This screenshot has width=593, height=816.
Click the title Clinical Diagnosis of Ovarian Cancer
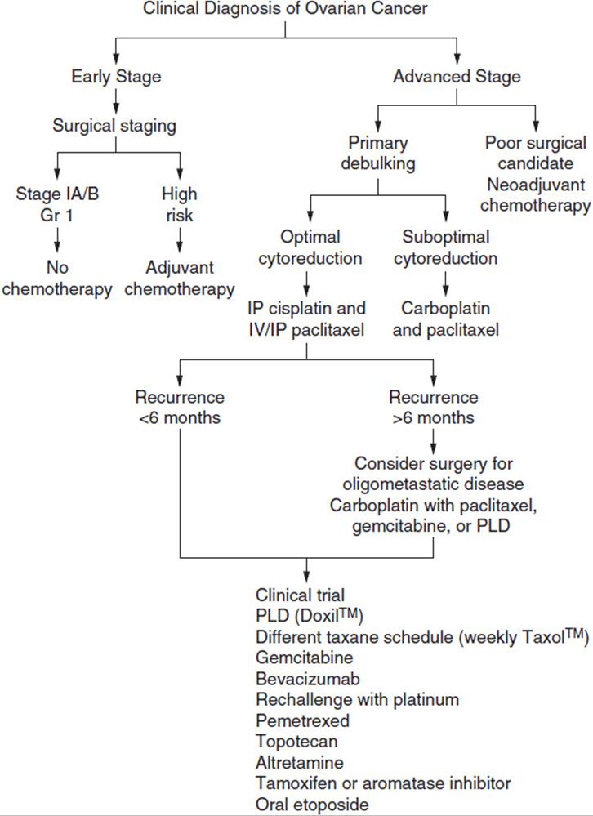point(285,9)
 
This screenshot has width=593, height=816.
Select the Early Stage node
point(116,77)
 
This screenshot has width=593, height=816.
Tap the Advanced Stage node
point(457,77)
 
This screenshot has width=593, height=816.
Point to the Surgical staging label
point(114,126)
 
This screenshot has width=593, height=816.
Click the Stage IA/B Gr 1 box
point(57,204)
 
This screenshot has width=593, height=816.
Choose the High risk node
point(180,204)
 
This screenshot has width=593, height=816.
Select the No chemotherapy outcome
point(57,278)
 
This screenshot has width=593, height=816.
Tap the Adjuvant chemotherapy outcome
point(180,278)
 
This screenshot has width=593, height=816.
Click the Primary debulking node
point(378,153)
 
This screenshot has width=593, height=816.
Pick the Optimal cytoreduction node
point(310,247)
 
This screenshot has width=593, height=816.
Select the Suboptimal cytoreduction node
point(446,247)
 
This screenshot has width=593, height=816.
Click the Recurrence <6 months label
point(180,407)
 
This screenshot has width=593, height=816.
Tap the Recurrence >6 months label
point(433,407)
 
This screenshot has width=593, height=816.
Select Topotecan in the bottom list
point(296,741)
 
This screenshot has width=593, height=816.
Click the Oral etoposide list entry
point(312,804)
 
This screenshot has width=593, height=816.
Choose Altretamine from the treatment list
point(300,762)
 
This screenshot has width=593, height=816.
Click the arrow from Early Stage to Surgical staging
point(116,101)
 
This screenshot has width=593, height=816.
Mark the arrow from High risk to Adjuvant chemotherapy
point(180,240)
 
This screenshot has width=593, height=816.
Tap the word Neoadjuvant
point(536,185)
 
